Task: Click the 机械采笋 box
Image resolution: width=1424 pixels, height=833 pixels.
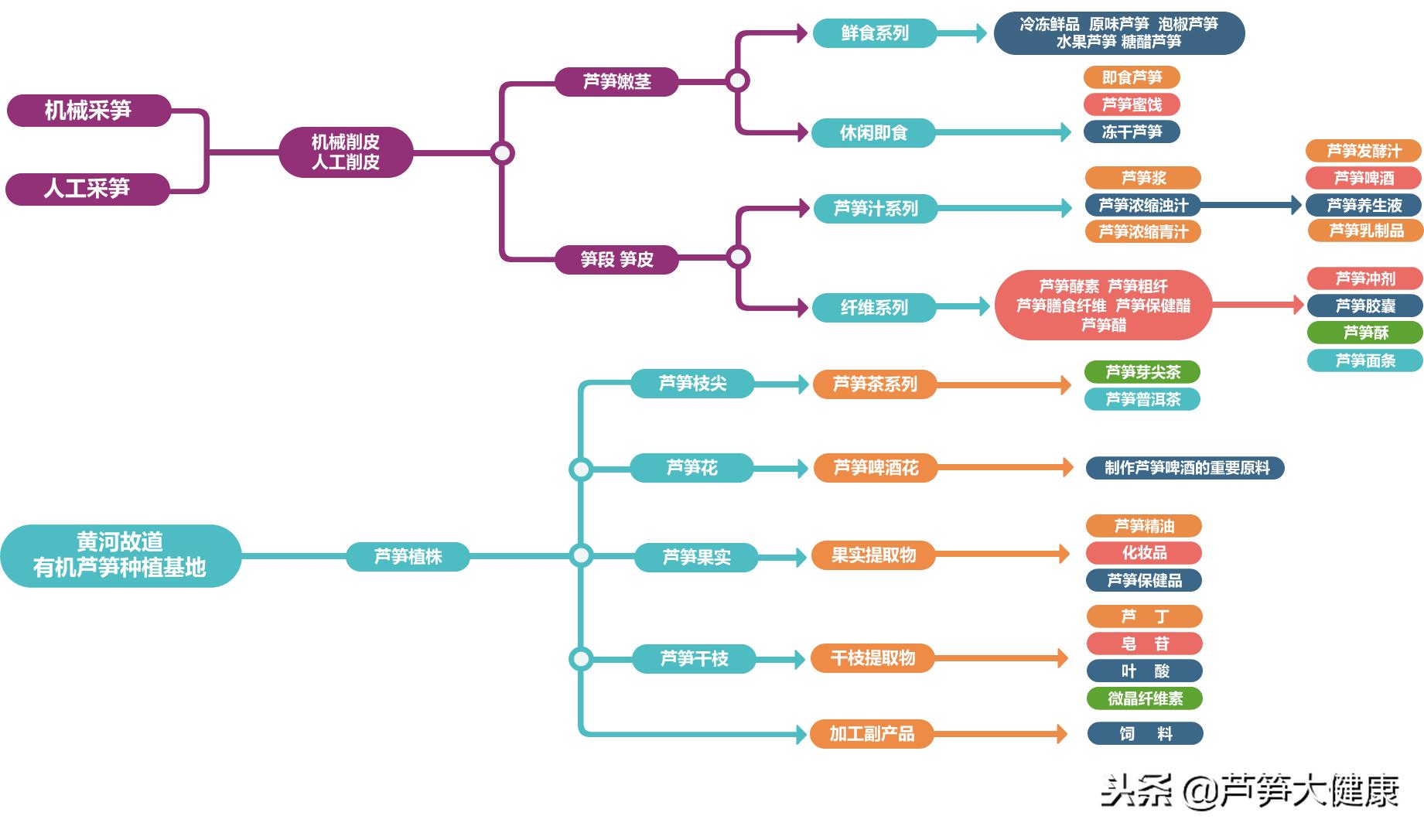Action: coord(88,111)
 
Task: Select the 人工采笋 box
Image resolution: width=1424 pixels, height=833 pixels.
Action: coord(87,189)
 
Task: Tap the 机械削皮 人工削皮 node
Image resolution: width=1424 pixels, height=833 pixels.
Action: coord(345,152)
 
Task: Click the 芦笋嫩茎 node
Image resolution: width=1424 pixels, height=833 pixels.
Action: coord(616,82)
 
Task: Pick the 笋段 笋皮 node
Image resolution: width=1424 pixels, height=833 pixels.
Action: coord(616,259)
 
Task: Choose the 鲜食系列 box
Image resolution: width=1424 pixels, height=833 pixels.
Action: coord(874,33)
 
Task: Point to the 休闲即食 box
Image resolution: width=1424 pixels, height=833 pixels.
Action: coord(873,133)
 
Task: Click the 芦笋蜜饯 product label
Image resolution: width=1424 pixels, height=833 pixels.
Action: coord(1131,104)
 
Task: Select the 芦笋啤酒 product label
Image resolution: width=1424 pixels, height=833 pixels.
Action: coord(1363,179)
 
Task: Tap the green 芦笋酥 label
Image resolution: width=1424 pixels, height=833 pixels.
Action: coord(1364,333)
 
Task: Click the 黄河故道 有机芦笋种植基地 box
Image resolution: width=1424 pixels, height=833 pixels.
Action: coord(120,555)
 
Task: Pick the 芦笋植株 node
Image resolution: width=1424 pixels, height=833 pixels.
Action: coord(408,556)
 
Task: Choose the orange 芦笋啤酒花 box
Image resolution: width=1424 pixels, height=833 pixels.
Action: coord(875,468)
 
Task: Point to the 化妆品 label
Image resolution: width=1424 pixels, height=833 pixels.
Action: coord(1143,553)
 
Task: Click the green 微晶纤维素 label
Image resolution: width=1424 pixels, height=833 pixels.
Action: coord(1144,698)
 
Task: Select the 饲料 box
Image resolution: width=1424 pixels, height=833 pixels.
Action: coord(1145,733)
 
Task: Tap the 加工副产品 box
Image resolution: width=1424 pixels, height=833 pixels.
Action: coord(872,733)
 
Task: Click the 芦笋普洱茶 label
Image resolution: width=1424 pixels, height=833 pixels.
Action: coord(1142,399)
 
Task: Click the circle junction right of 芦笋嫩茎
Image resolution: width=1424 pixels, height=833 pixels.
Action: coord(737,80)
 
